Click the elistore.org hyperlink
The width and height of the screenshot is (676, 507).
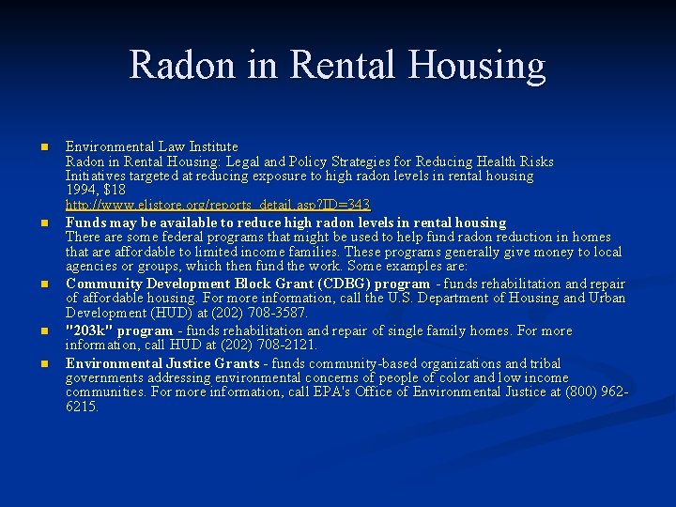[217, 204]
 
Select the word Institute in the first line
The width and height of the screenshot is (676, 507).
[211, 146]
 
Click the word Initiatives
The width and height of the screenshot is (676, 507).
[96, 176]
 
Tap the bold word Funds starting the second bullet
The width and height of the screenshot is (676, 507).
[86, 223]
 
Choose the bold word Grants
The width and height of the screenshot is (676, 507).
[239, 363]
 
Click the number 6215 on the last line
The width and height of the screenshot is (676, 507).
[83, 407]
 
